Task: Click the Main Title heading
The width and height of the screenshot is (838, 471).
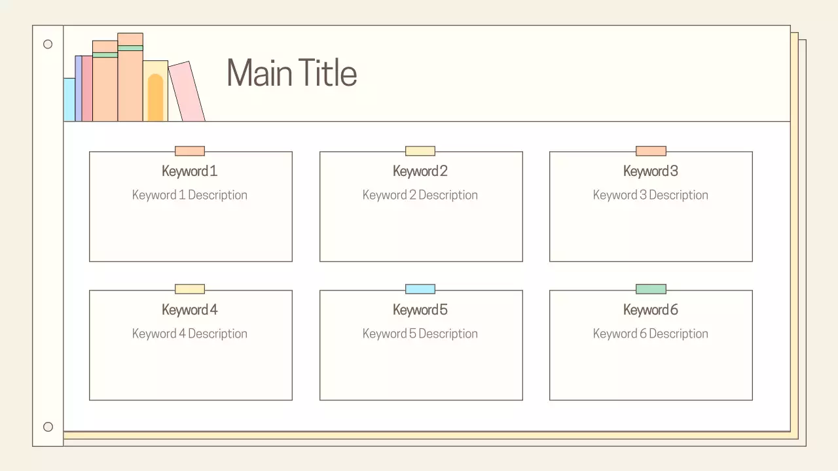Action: click(291, 73)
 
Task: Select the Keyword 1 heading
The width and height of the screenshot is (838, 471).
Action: click(190, 171)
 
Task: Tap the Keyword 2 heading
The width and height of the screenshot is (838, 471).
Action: click(420, 171)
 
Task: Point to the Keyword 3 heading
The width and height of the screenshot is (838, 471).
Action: click(651, 171)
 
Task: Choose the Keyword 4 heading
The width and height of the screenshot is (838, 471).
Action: click(190, 310)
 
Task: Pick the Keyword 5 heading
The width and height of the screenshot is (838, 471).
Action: click(420, 310)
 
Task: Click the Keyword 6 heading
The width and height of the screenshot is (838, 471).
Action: click(651, 310)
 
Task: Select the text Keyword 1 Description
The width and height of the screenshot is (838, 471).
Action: click(190, 195)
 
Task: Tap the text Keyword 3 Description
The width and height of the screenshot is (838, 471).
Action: click(651, 195)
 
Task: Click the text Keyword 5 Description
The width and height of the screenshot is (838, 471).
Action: click(420, 334)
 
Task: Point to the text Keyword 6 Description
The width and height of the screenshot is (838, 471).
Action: click(651, 334)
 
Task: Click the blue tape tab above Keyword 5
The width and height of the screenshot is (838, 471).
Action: click(420, 289)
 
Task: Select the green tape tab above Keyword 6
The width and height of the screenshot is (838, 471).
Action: click(651, 289)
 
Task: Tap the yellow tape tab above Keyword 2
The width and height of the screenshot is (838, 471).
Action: click(420, 151)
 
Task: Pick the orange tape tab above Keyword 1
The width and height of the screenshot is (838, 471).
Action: click(190, 151)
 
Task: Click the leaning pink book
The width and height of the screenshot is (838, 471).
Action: click(187, 92)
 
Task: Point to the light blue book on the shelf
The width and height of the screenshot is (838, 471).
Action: click(69, 99)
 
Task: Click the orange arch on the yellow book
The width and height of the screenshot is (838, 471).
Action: click(155, 98)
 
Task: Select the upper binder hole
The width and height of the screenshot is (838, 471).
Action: click(48, 44)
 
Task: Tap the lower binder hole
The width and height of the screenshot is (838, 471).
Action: click(48, 427)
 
